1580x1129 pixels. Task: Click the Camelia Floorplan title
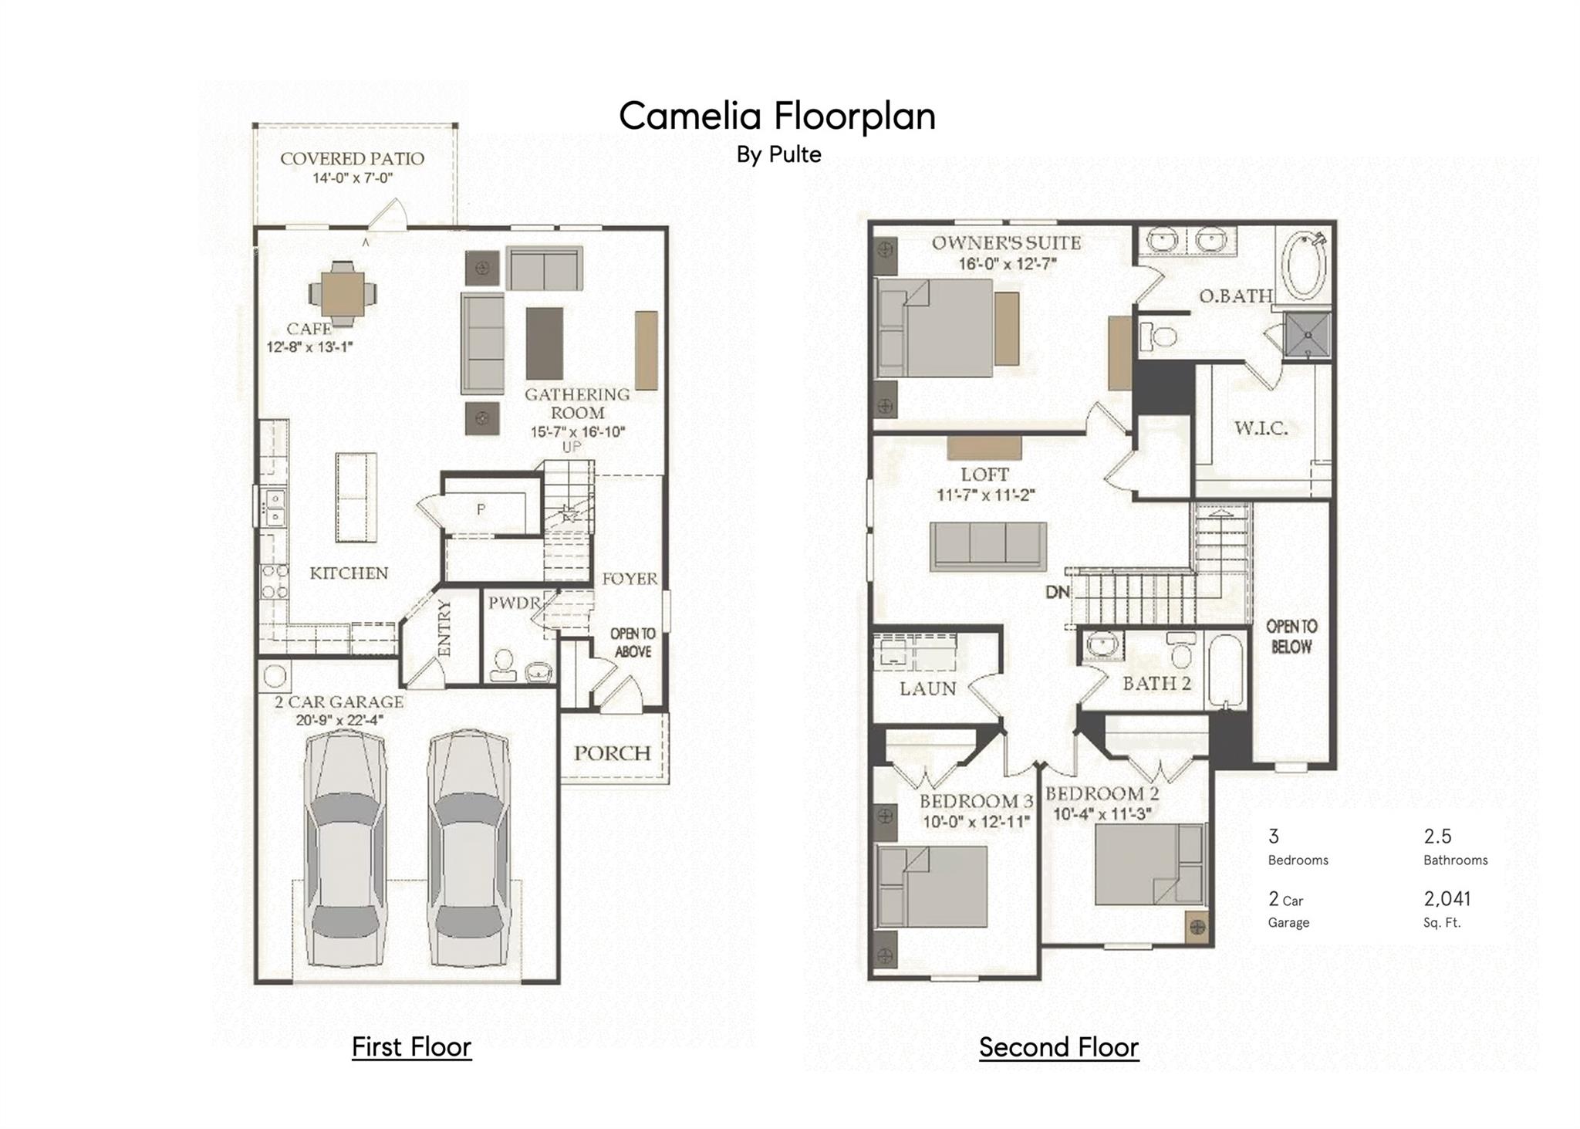(777, 117)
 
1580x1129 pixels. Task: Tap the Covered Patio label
(352, 159)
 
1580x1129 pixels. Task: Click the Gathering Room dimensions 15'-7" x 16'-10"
(578, 432)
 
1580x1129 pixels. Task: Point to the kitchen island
(356, 497)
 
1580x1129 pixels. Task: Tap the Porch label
(613, 753)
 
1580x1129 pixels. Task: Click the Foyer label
(630, 579)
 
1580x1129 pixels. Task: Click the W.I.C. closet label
(1261, 428)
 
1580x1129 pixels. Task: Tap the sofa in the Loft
(988, 546)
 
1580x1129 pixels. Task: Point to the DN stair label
(1058, 592)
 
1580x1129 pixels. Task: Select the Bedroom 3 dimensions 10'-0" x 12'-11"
(977, 822)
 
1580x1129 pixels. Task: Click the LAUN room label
(928, 688)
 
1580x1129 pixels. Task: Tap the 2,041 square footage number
(1447, 898)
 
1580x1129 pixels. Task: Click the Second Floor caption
(1058, 1047)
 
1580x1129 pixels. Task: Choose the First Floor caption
(411, 1047)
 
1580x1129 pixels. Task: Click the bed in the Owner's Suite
(935, 328)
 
